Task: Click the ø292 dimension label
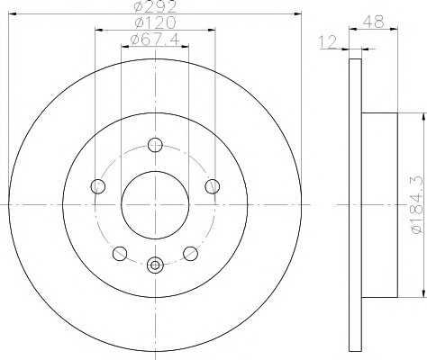[156, 6]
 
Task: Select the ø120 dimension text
[155, 22]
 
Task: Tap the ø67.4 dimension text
[155, 40]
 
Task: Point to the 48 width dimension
[373, 22]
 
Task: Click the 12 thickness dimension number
[328, 41]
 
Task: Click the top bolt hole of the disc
[155, 145]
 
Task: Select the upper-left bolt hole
[98, 186]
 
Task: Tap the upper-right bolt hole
[213, 186]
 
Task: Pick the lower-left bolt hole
[120, 254]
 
